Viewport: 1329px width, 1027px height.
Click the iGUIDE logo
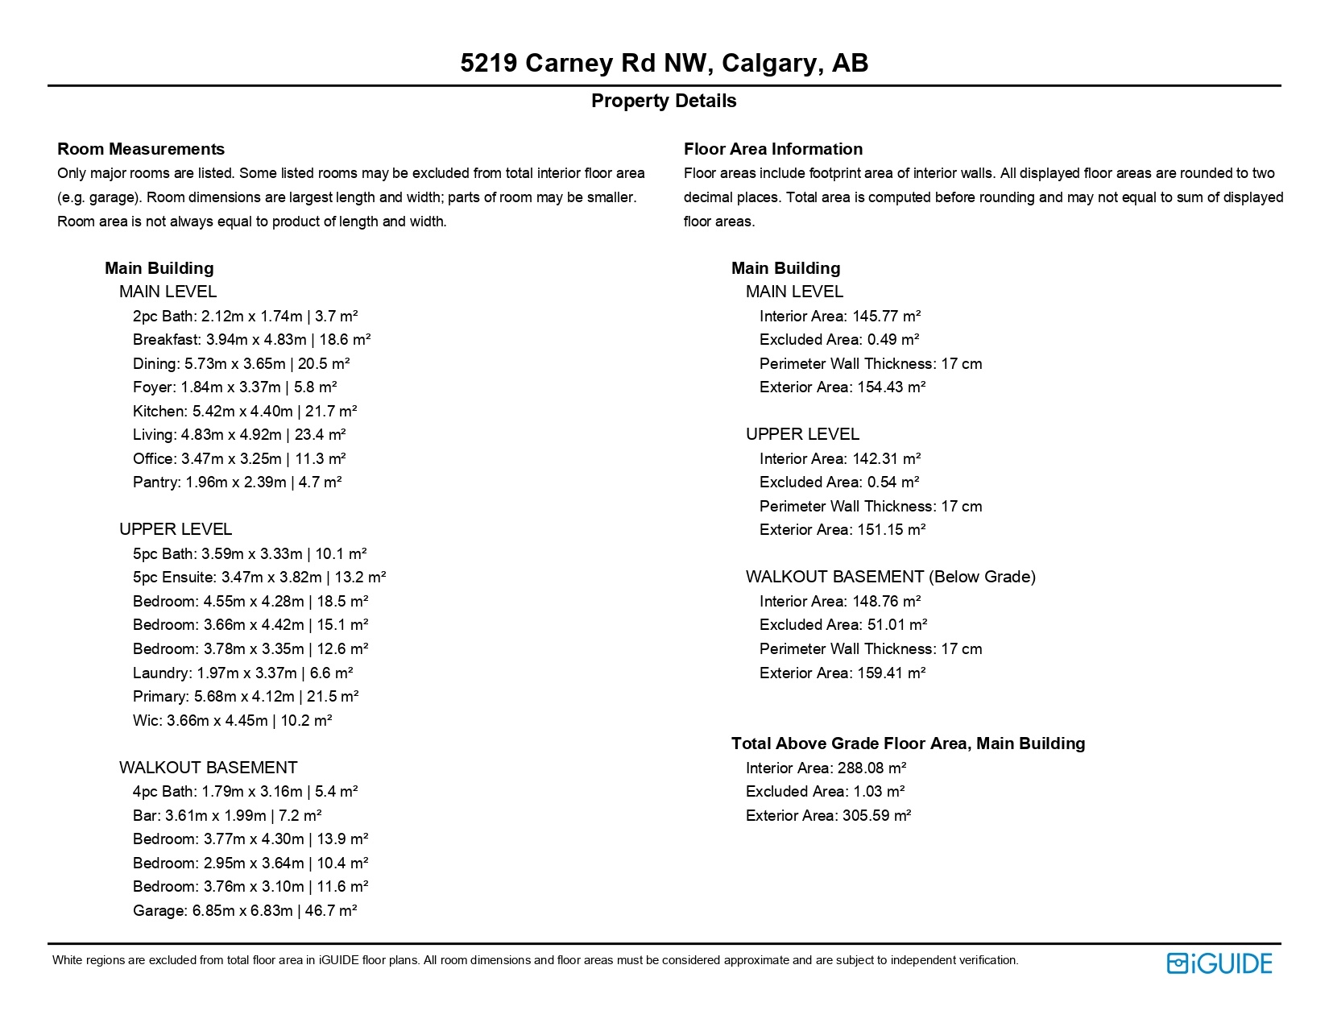tap(1219, 963)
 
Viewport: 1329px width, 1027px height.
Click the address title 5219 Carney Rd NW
tap(664, 63)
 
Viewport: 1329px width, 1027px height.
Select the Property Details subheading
tap(664, 101)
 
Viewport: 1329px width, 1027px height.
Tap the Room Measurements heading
tap(141, 149)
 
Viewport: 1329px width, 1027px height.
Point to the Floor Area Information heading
tap(772, 149)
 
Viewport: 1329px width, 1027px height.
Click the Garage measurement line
tap(244, 910)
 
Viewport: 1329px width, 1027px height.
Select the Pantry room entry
tap(237, 482)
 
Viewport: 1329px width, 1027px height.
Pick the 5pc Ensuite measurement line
tap(259, 577)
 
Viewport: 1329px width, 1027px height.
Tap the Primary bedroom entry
tap(245, 696)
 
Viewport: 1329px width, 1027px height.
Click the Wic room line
tap(232, 720)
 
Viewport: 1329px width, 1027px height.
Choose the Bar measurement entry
tap(227, 815)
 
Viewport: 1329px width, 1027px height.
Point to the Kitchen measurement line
tap(244, 411)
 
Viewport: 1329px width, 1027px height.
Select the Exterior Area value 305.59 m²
tap(876, 815)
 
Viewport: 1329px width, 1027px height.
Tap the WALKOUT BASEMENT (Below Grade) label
tap(890, 577)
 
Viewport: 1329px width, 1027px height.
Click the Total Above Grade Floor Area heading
tap(908, 743)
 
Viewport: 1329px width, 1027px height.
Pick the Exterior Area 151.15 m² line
tap(842, 529)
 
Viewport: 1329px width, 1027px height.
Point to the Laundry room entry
tap(242, 673)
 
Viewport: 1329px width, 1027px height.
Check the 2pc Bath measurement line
tap(245, 316)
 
